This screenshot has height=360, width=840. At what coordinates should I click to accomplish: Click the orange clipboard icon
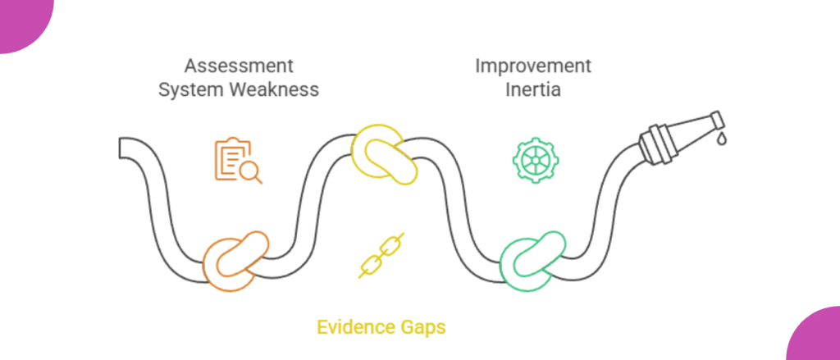pos(233,161)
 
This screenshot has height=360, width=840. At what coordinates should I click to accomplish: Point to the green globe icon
pos(534,159)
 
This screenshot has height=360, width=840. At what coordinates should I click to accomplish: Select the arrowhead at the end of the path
pos(712,125)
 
